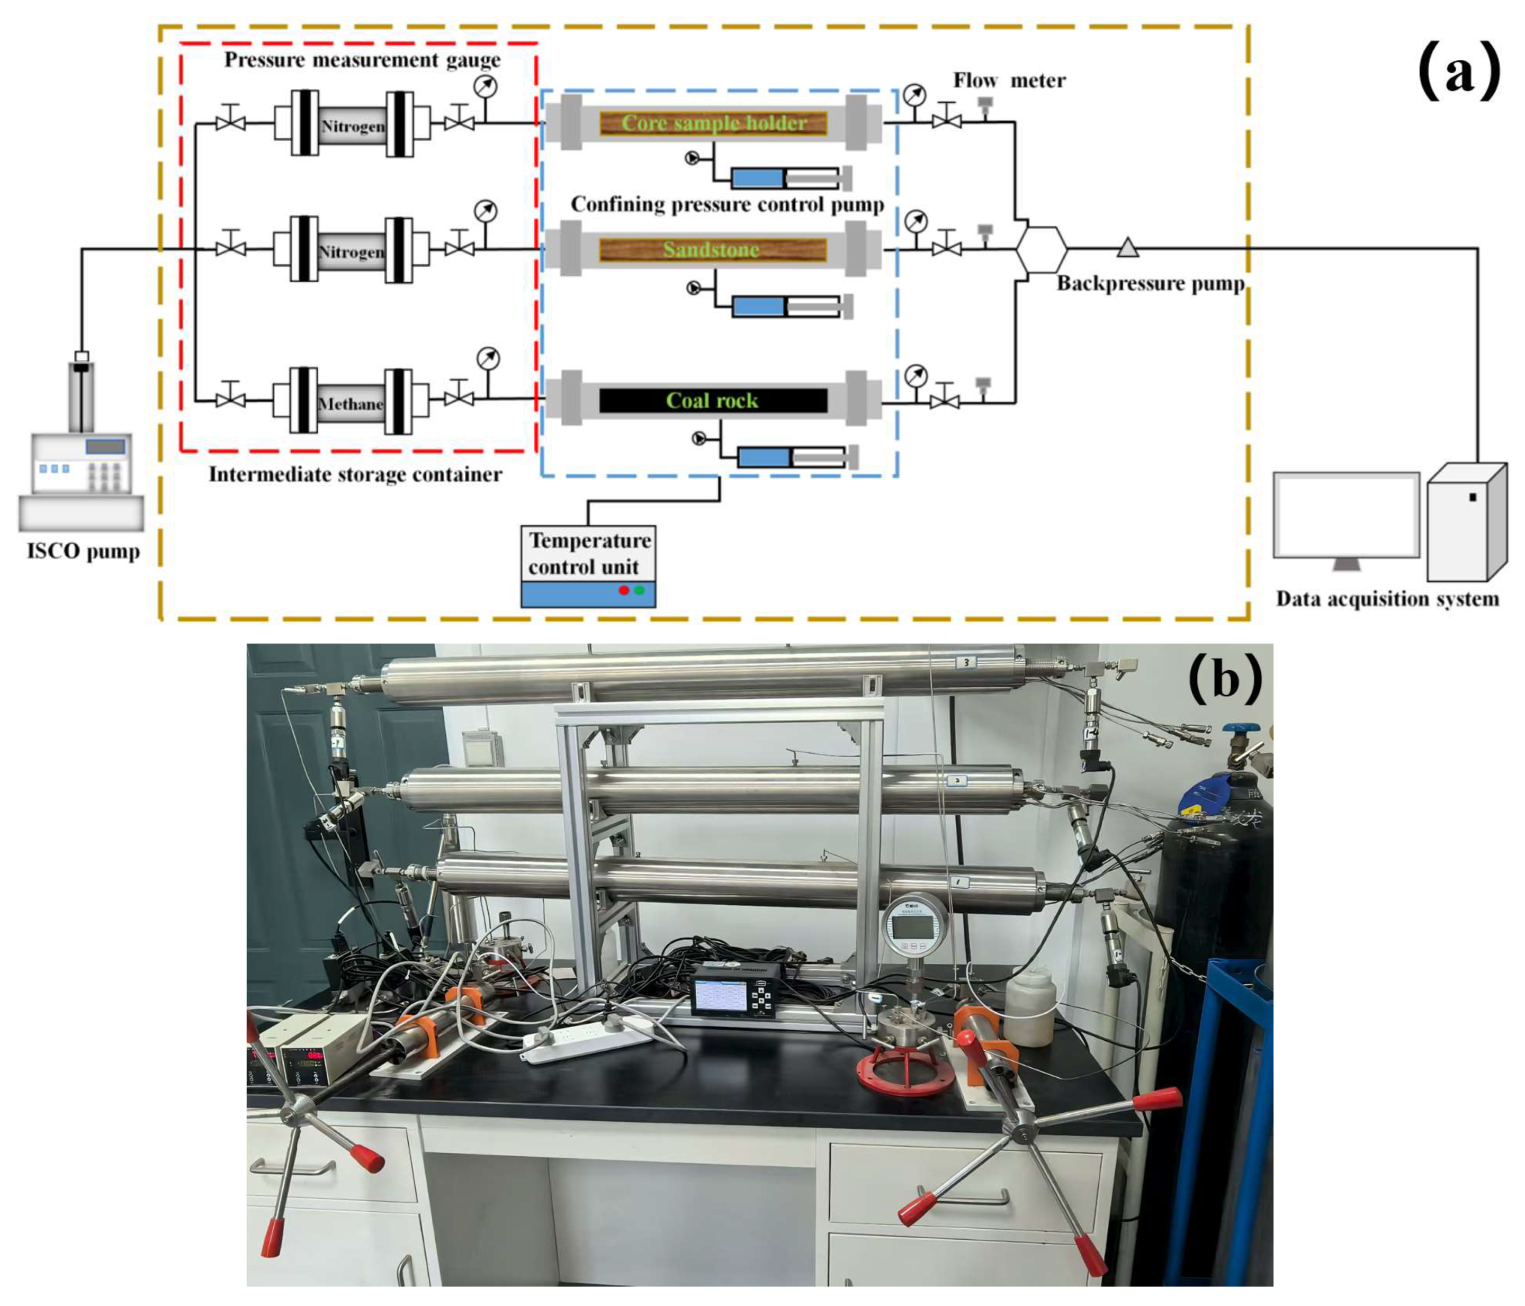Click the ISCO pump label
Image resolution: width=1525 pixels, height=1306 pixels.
83,551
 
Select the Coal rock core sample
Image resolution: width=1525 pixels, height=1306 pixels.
712,400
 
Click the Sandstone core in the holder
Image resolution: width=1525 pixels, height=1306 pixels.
712,249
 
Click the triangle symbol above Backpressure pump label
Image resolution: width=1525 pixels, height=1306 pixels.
1127,248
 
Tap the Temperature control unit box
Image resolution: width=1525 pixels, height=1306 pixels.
588,553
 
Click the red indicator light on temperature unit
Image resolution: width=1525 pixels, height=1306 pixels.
623,590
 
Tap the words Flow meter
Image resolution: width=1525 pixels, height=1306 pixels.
1009,80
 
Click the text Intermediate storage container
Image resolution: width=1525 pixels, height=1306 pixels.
355,474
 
